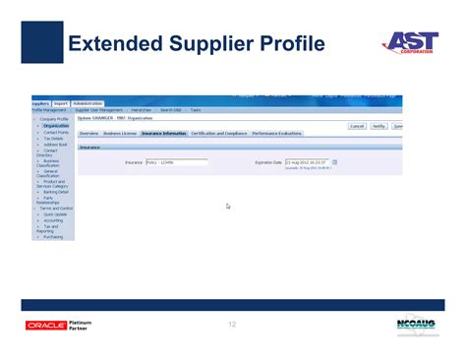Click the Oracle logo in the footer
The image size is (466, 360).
(x=45, y=326)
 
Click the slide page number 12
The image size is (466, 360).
(x=233, y=325)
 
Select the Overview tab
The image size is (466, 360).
(x=88, y=133)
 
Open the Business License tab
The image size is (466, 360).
(x=120, y=133)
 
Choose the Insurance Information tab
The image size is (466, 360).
(x=163, y=133)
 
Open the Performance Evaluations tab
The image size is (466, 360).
(x=278, y=133)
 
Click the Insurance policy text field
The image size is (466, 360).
(x=176, y=162)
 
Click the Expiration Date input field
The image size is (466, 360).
(x=307, y=162)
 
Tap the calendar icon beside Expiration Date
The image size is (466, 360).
(x=335, y=162)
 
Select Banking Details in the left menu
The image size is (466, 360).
(x=55, y=192)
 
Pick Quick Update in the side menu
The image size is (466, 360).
(x=55, y=213)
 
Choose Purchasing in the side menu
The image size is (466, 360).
(x=54, y=236)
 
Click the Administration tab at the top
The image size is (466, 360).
(x=87, y=103)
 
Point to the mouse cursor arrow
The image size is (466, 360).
(x=228, y=206)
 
